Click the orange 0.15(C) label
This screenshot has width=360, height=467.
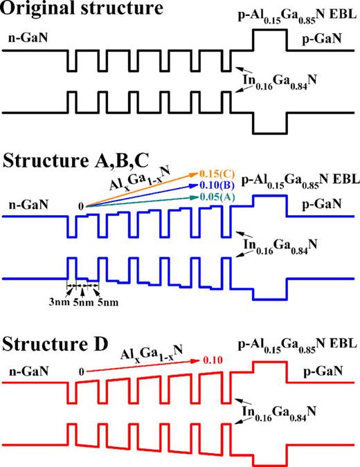[x=215, y=170]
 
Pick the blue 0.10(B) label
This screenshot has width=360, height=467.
[x=215, y=184]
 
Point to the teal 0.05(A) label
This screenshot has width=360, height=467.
[x=215, y=198]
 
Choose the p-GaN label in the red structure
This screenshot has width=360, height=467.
[x=327, y=389]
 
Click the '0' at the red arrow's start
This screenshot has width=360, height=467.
[x=81, y=372]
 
